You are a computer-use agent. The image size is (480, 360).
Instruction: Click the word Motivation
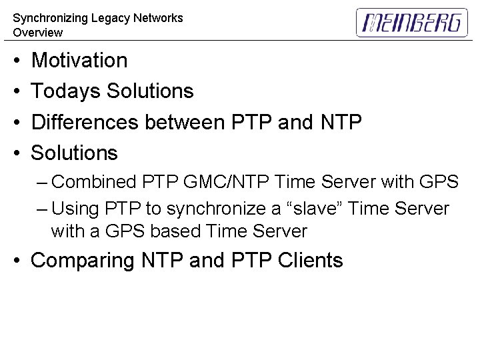(79, 61)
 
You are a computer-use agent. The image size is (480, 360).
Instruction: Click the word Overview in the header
(37, 33)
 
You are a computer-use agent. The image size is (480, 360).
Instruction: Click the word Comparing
(83, 261)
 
